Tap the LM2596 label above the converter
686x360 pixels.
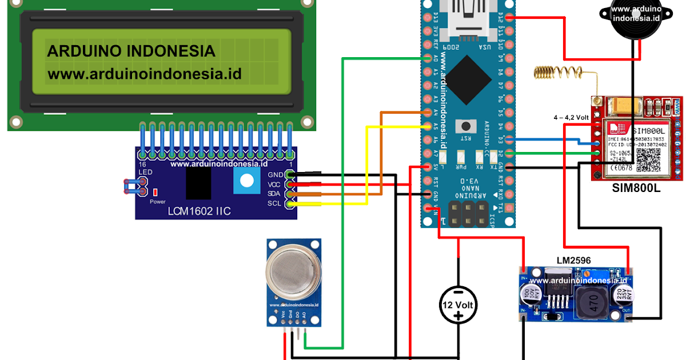tap(573, 261)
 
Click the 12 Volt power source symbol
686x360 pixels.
tap(458, 305)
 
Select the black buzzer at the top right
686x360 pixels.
tap(636, 17)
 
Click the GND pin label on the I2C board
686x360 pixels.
tap(276, 174)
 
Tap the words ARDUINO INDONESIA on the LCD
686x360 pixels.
tap(131, 51)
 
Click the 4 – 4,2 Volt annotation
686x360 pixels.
tap(571, 117)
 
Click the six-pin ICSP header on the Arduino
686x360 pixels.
tap(468, 213)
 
